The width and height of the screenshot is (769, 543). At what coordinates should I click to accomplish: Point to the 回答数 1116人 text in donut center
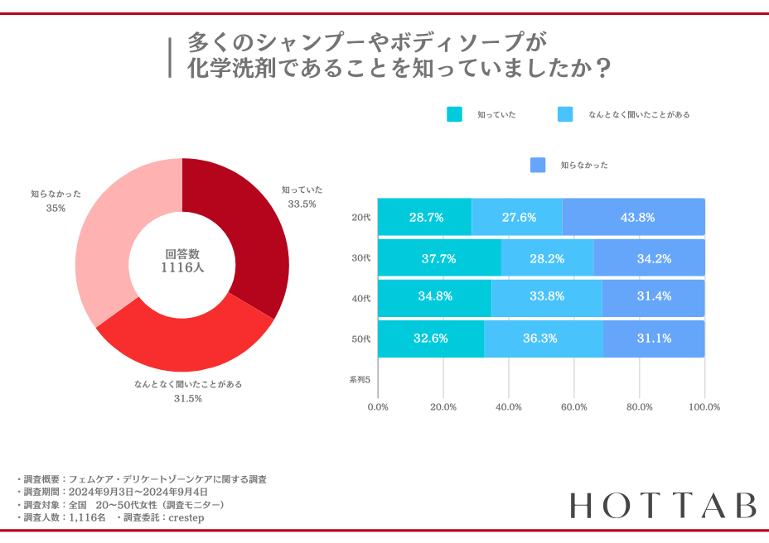click(182, 261)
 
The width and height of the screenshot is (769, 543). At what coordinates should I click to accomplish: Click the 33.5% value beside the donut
click(302, 204)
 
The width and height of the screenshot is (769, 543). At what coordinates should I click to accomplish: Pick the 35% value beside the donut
click(56, 209)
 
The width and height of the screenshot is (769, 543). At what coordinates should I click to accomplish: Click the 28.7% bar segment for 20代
click(425, 218)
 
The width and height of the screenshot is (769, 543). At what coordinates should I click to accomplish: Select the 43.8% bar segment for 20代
click(634, 218)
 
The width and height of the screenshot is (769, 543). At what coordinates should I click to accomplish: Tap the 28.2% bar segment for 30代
click(547, 258)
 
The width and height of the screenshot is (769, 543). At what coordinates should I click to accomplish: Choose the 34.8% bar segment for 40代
click(435, 296)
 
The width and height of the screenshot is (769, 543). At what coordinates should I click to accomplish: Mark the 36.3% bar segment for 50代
click(544, 339)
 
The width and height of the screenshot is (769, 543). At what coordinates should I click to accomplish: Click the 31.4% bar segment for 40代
click(653, 296)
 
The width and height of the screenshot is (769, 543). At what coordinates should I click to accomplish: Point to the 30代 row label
click(361, 258)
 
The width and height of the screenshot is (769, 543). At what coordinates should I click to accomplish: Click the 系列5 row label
click(360, 380)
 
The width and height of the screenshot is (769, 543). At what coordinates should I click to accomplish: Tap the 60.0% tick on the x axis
click(573, 407)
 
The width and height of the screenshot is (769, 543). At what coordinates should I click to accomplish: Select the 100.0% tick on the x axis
click(704, 407)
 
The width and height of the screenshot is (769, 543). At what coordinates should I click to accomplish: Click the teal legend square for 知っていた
click(454, 115)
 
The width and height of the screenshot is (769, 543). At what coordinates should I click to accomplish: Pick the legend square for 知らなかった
click(538, 166)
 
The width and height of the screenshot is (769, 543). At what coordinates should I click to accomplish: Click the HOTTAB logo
click(663, 505)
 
